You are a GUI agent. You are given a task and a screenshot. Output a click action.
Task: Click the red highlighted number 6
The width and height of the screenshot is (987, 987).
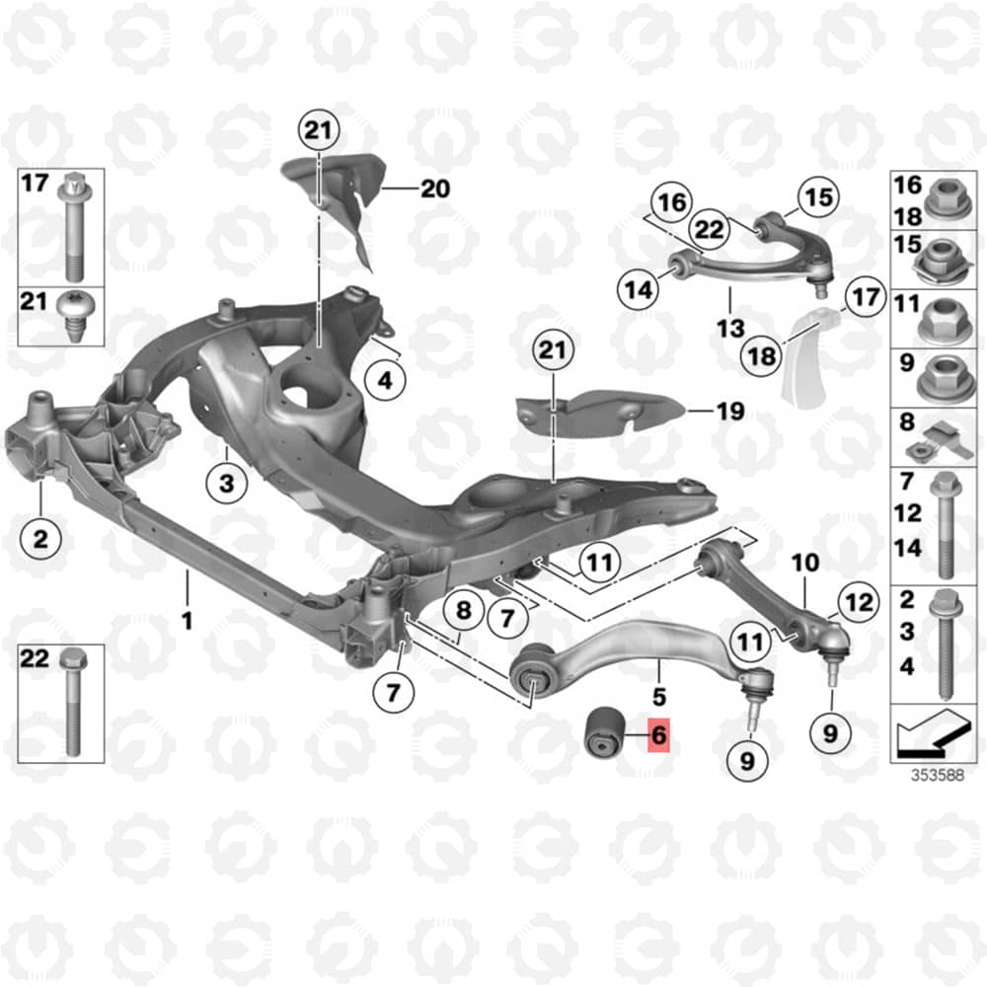(659, 734)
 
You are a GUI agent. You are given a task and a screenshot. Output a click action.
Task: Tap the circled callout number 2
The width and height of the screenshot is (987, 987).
(40, 539)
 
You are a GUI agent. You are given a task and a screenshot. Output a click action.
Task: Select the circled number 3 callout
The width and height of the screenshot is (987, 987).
(227, 484)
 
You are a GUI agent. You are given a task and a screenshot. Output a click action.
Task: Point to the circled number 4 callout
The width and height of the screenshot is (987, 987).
(385, 380)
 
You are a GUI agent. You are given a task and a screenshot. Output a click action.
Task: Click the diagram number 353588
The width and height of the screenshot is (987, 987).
(938, 775)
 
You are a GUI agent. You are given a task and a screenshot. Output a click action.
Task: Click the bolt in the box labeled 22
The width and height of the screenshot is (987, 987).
(70, 703)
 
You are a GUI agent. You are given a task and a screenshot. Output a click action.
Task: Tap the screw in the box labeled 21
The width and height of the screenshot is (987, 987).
(74, 316)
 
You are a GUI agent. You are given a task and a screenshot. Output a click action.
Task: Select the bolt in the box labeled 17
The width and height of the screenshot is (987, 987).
(74, 227)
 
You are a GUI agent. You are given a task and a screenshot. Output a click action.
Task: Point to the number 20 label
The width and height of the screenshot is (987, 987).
(435, 189)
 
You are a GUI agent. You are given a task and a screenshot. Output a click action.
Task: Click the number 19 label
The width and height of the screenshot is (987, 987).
(730, 411)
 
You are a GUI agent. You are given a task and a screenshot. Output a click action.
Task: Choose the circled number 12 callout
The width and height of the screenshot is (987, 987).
(859, 603)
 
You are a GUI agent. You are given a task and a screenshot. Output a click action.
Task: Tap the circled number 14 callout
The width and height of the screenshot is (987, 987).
(639, 290)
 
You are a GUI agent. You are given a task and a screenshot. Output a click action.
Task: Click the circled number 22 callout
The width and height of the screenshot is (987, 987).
(710, 229)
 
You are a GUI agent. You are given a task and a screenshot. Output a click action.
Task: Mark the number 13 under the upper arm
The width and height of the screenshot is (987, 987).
(730, 328)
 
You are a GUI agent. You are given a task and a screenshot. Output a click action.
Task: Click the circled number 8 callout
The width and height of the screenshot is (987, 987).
(463, 610)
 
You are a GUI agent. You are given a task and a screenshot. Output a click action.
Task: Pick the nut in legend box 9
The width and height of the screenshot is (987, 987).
(947, 379)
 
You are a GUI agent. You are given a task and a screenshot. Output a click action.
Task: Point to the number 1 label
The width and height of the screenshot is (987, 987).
(187, 621)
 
